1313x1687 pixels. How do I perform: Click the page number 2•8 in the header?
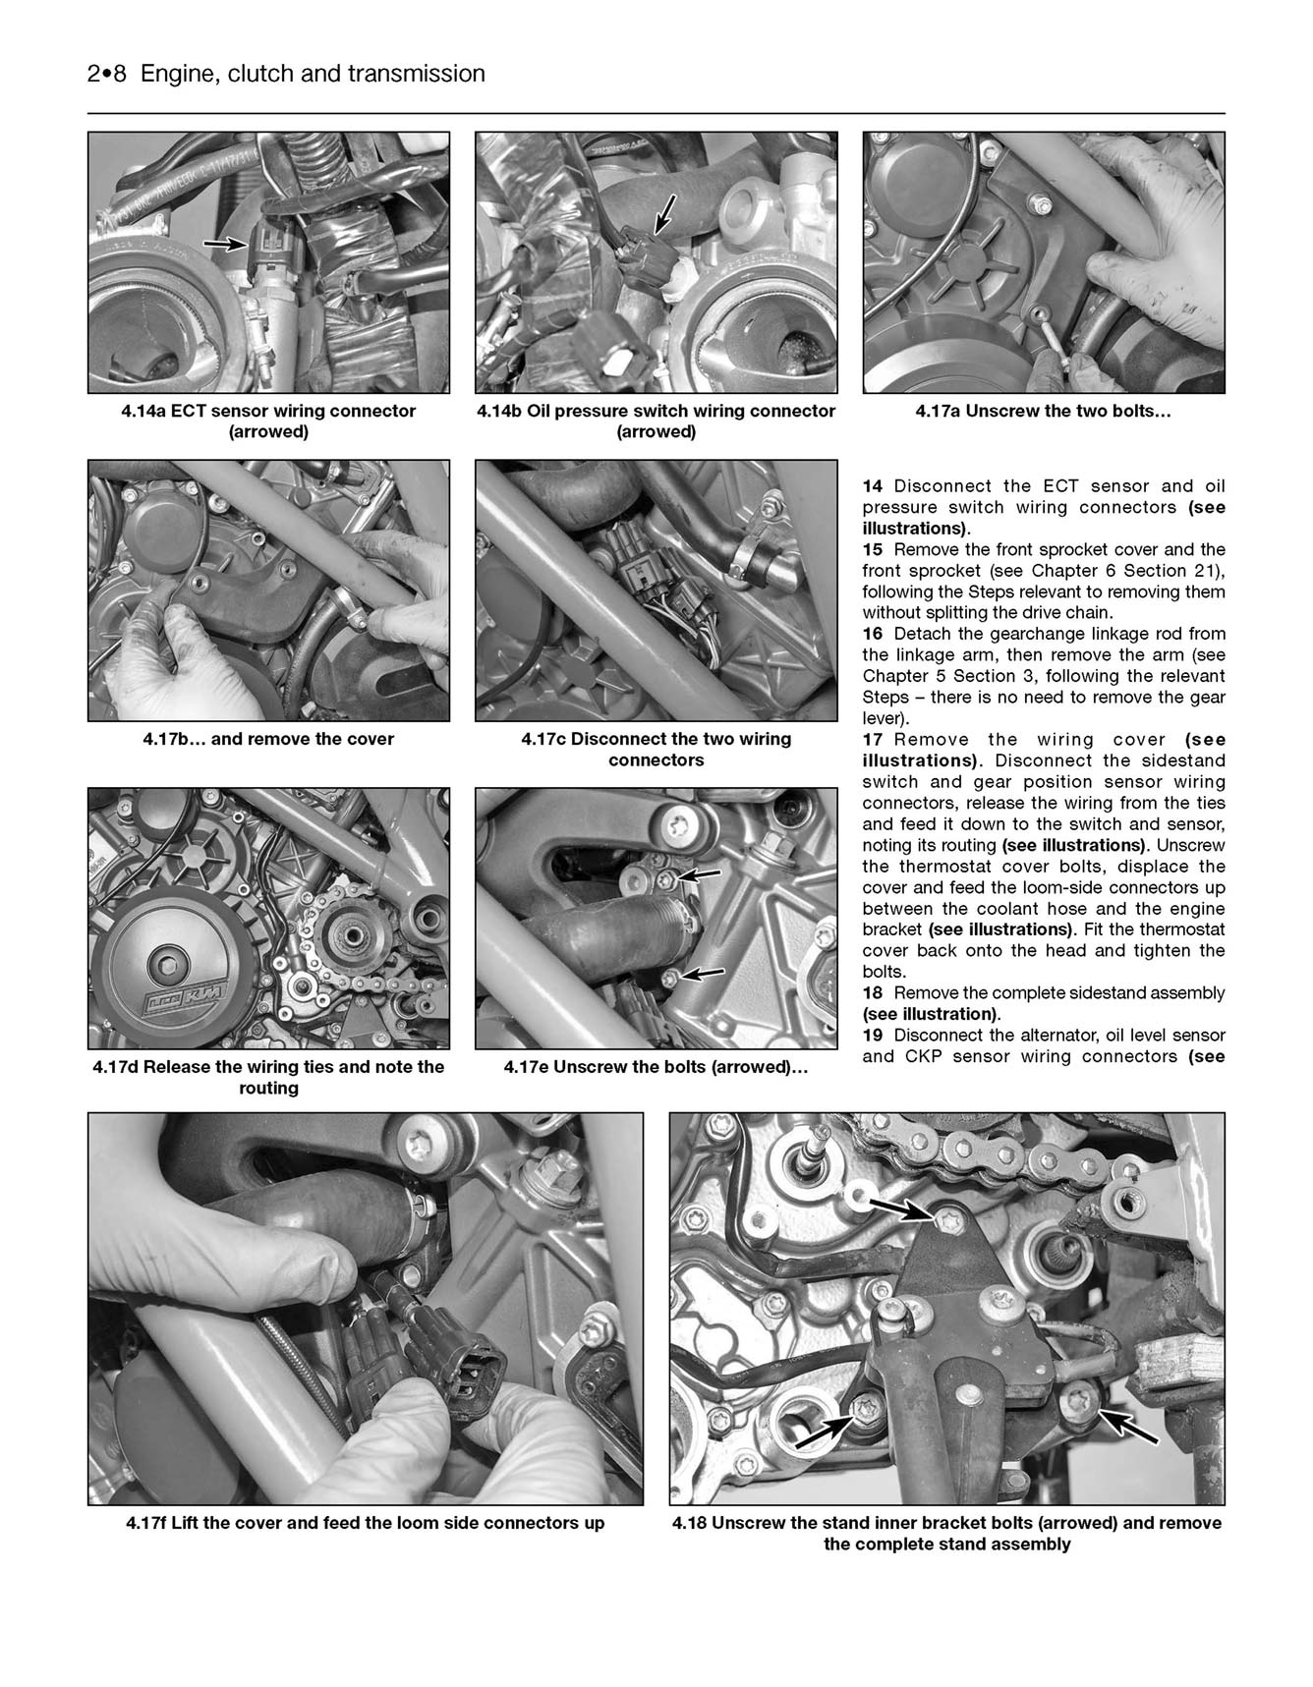pyautogui.click(x=107, y=74)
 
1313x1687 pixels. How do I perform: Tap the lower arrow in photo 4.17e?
pyautogui.click(x=702, y=974)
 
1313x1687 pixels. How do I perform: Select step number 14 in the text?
pyautogui.click(x=873, y=486)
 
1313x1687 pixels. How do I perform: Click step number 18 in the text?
pyautogui.click(x=873, y=993)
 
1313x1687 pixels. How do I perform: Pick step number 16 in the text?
pyautogui.click(x=873, y=634)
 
